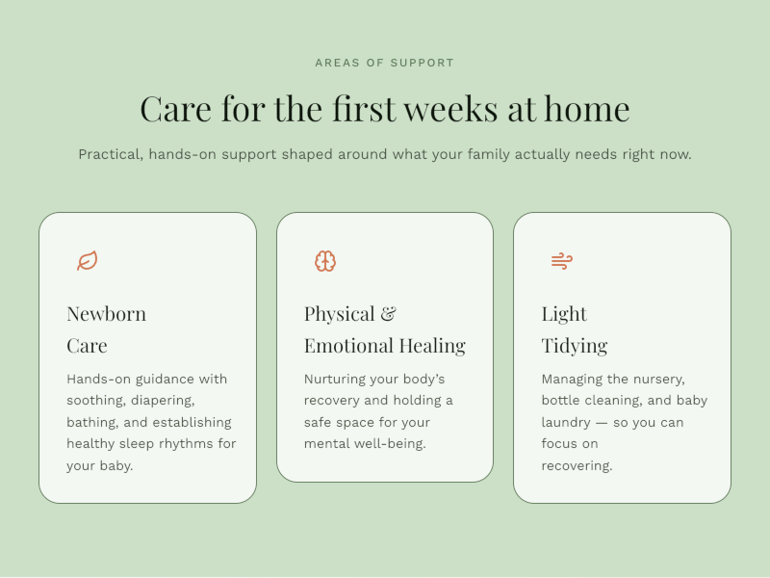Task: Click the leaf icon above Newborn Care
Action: click(x=88, y=260)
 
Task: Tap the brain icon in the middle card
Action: click(x=325, y=261)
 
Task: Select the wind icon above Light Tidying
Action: click(x=562, y=261)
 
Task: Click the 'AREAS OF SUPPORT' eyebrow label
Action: click(x=384, y=63)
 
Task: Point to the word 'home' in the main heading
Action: click(x=587, y=109)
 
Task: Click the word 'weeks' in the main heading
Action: click(x=450, y=109)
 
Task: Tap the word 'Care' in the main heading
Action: click(x=176, y=109)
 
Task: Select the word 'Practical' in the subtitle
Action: click(x=111, y=155)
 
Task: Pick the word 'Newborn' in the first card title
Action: click(x=107, y=314)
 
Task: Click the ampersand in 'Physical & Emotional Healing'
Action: click(x=389, y=314)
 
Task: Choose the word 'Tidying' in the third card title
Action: click(x=575, y=346)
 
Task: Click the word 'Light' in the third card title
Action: click(x=564, y=314)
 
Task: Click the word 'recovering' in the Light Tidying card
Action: click(x=577, y=466)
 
